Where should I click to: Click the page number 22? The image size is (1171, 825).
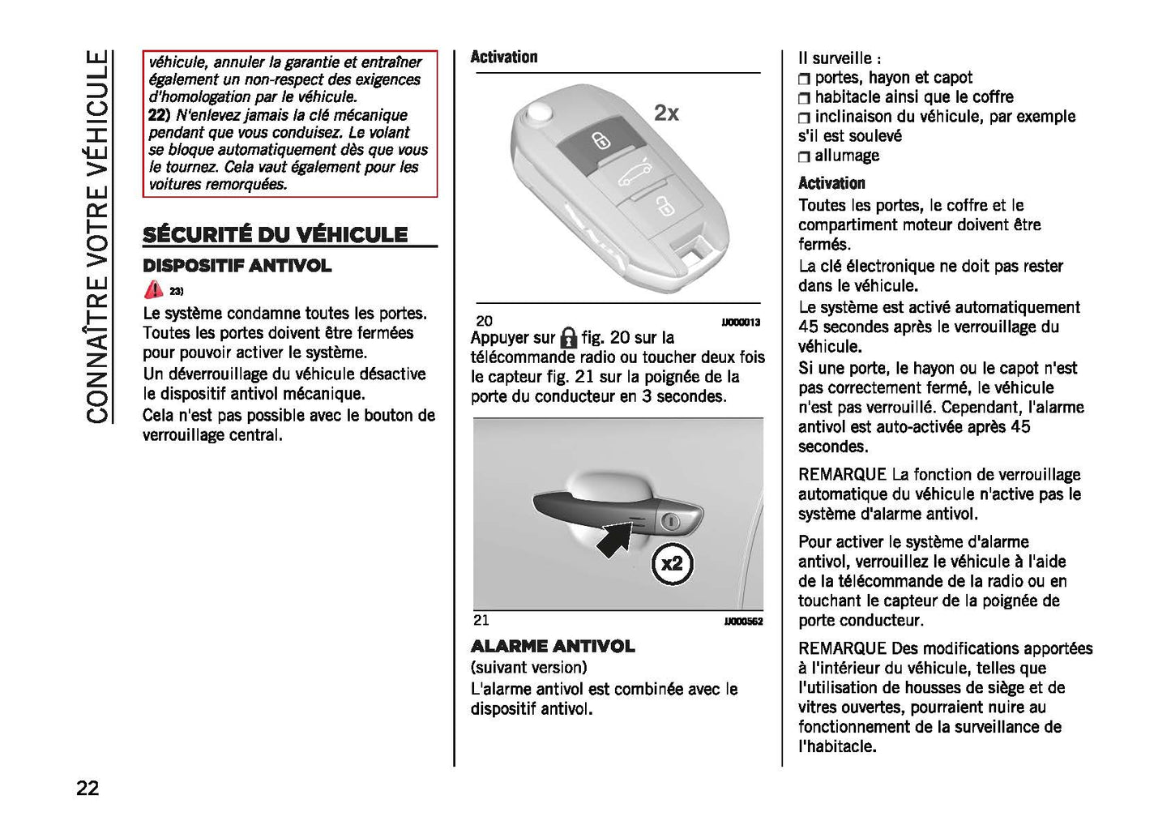(x=88, y=787)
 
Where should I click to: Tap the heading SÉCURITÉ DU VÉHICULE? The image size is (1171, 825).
(x=275, y=235)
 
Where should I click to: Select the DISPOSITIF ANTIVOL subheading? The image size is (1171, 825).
(x=237, y=266)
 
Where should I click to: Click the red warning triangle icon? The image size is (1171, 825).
(x=153, y=289)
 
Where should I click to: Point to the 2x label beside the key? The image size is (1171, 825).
(x=666, y=113)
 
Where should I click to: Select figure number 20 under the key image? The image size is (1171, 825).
(x=484, y=321)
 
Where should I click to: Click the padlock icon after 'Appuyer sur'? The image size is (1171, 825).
(x=569, y=338)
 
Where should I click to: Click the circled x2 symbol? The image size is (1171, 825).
(x=672, y=563)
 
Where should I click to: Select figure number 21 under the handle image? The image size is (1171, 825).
(x=481, y=620)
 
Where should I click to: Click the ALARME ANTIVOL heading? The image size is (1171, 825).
(x=553, y=646)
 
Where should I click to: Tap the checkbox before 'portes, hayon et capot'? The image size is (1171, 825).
(x=804, y=79)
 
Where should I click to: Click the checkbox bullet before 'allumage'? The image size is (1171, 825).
(x=804, y=156)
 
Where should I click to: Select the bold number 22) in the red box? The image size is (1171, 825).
(x=160, y=115)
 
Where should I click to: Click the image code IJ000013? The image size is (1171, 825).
(x=741, y=323)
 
